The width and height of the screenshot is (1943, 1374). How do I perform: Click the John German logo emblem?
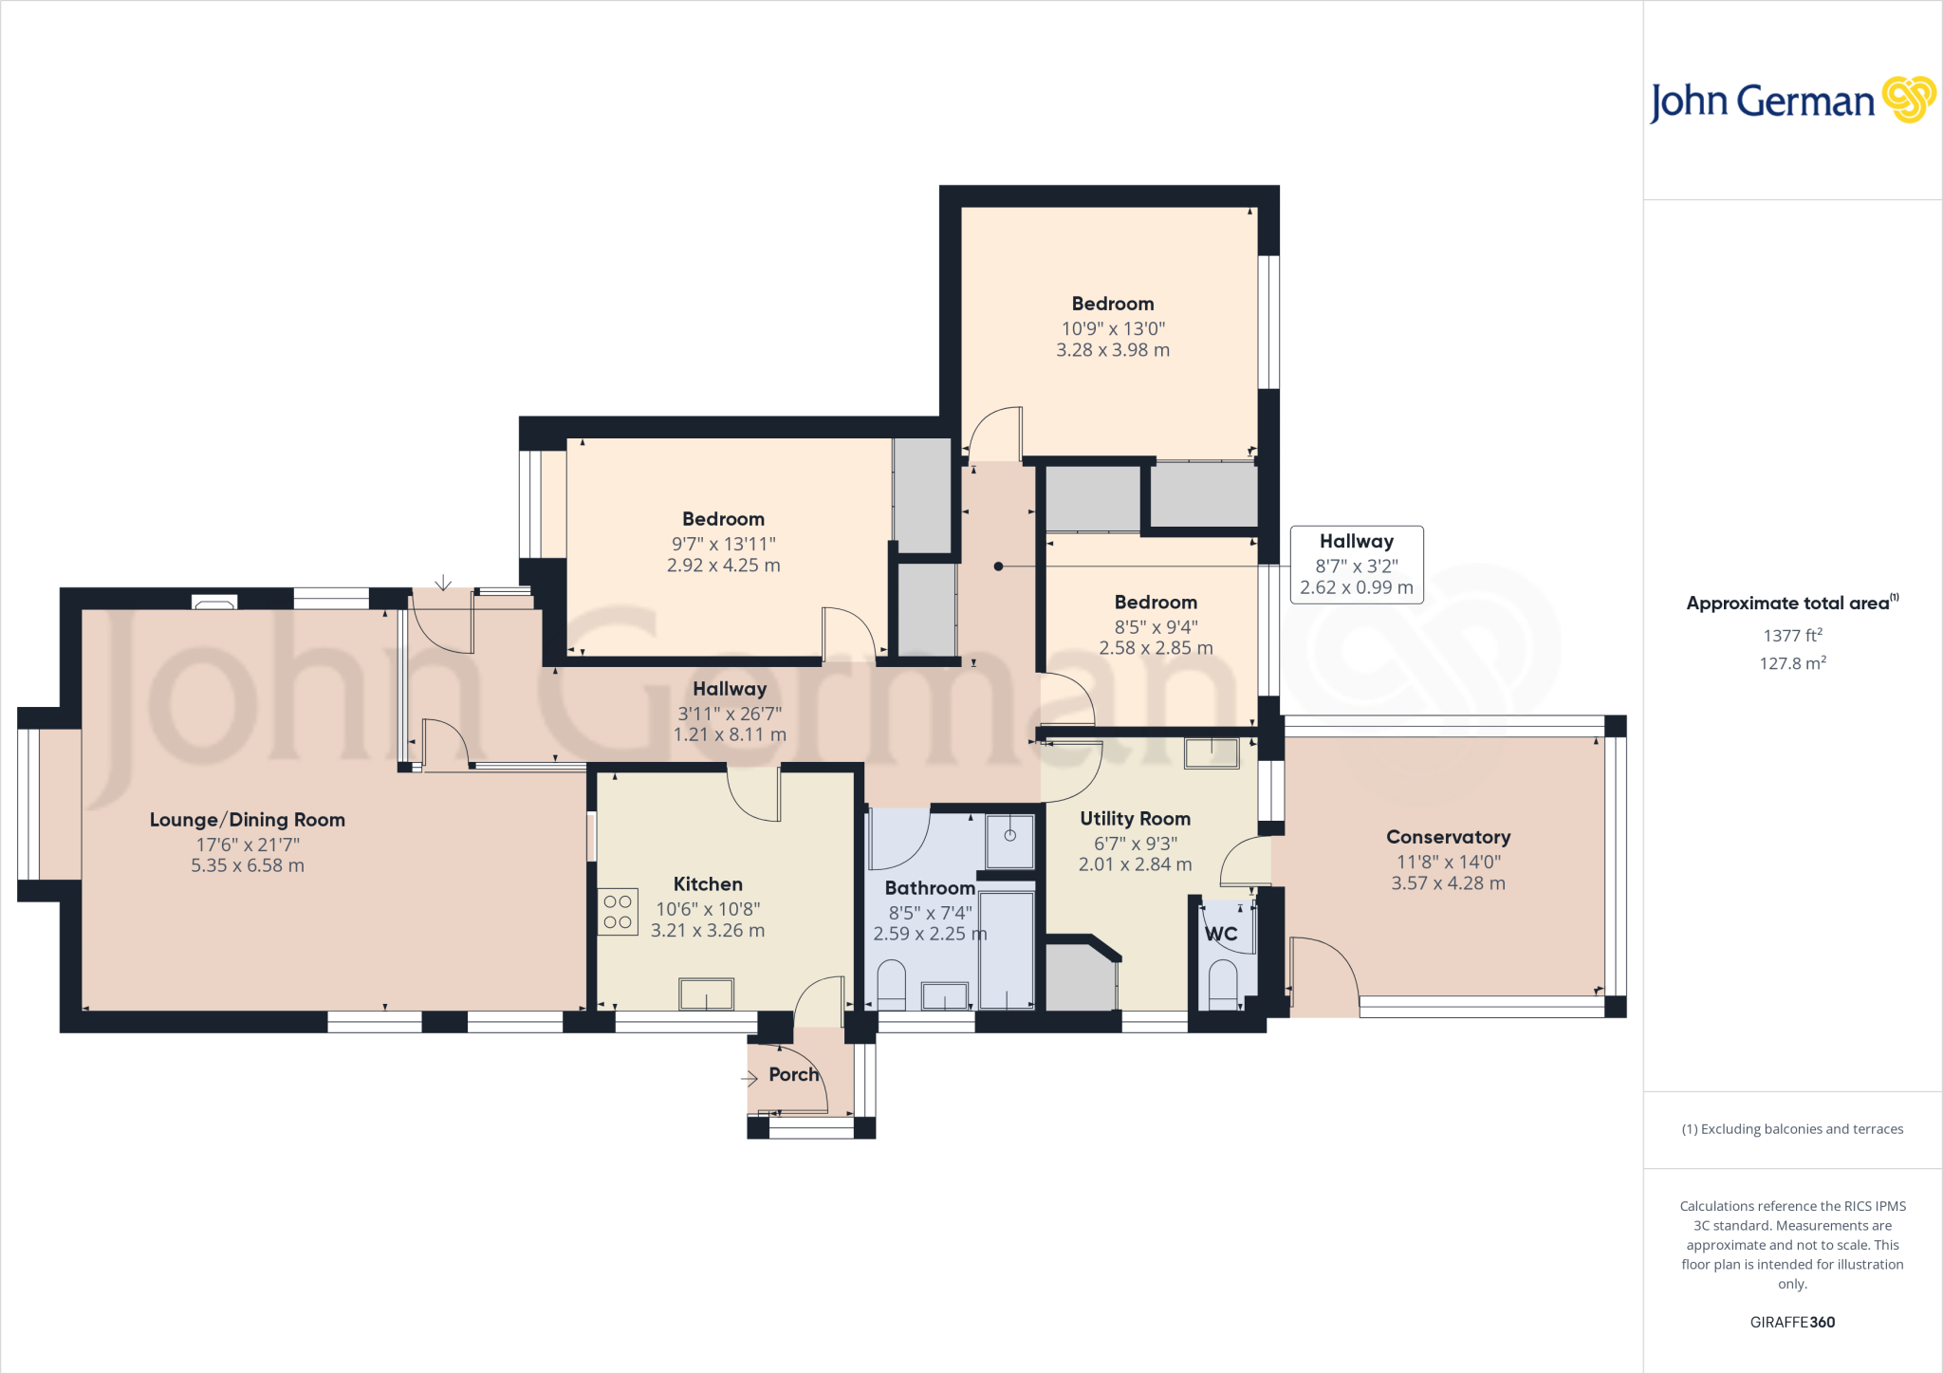point(1908,100)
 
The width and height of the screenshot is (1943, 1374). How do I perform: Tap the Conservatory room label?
point(1448,837)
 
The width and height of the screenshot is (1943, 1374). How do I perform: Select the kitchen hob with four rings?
point(618,912)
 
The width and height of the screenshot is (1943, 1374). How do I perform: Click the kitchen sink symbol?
point(706,994)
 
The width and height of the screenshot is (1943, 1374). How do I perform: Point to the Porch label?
point(793,1074)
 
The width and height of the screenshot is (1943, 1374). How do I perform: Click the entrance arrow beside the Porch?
point(749,1078)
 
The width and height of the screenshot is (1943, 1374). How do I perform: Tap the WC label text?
point(1221,934)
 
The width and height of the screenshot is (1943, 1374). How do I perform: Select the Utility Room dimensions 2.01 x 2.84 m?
point(1135,864)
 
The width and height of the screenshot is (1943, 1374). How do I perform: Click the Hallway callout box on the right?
point(1356,565)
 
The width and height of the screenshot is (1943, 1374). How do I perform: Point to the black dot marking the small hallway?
point(998,566)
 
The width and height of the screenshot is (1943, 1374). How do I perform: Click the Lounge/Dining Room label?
point(247,820)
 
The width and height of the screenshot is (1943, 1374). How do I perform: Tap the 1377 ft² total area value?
point(1792,636)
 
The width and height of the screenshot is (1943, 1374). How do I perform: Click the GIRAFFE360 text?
point(1792,1322)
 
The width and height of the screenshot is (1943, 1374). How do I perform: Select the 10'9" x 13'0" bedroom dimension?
point(1113,328)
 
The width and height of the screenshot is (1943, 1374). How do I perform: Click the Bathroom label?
point(930,888)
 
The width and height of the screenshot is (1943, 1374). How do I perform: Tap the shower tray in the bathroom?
point(1009,840)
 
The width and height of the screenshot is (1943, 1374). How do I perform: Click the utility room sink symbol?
point(1212,753)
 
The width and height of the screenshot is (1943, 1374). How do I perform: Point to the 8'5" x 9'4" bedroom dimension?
point(1156,626)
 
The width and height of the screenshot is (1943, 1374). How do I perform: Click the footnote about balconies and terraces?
point(1792,1129)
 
